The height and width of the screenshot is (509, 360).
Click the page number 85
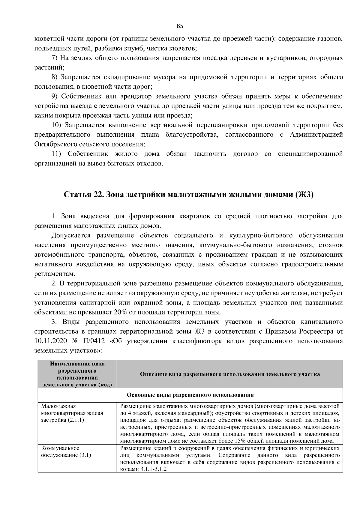point(180,26)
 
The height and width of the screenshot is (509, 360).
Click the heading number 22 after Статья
point(98,195)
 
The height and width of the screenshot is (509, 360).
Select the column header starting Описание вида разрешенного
point(230,374)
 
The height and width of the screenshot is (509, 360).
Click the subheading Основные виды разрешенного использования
point(190,395)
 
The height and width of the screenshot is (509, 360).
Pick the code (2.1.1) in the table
point(76,420)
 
